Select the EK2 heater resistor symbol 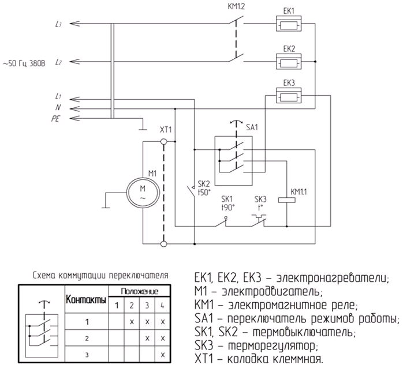(x=289, y=61)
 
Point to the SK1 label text (x=227, y=198)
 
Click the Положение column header (x=139, y=292)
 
